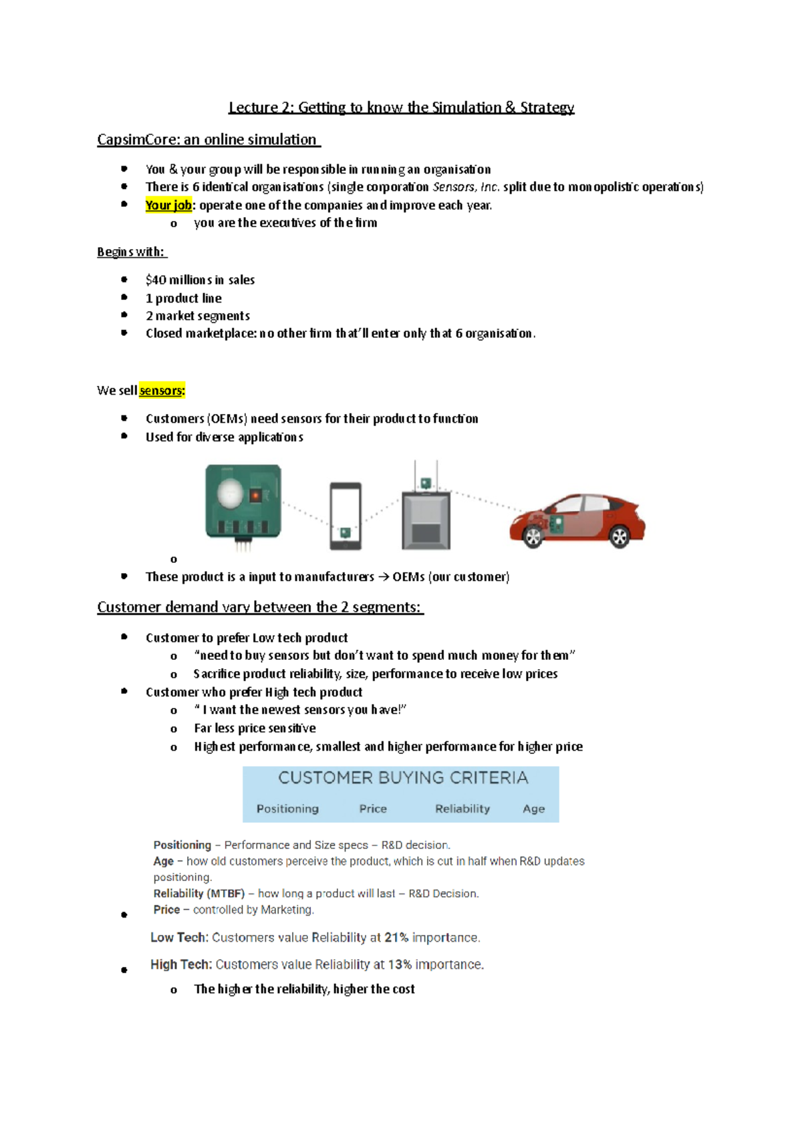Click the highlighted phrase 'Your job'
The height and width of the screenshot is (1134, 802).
click(x=168, y=205)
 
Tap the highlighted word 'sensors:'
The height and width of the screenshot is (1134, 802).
click(x=162, y=390)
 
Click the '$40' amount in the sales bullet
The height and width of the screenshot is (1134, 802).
click(x=156, y=280)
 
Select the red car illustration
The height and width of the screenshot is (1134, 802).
click(x=577, y=521)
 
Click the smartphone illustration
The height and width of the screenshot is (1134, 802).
click(x=346, y=516)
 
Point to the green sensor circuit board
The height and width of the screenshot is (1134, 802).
click(x=243, y=503)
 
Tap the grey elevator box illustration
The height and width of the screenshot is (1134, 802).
click(x=426, y=520)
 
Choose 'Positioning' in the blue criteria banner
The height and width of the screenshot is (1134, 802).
click(x=287, y=809)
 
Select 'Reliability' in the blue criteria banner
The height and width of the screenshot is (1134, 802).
click(x=462, y=809)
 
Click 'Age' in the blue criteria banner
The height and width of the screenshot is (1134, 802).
click(x=533, y=809)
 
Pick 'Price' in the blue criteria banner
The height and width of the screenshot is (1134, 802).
click(x=373, y=809)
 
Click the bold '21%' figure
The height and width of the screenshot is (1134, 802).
click(x=396, y=938)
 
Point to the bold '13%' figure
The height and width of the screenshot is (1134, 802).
click(x=400, y=964)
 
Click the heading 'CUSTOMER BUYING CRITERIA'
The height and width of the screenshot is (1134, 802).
click(x=403, y=778)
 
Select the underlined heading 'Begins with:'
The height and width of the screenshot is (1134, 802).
click(x=131, y=252)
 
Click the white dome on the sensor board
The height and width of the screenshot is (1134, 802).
click(x=231, y=494)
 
